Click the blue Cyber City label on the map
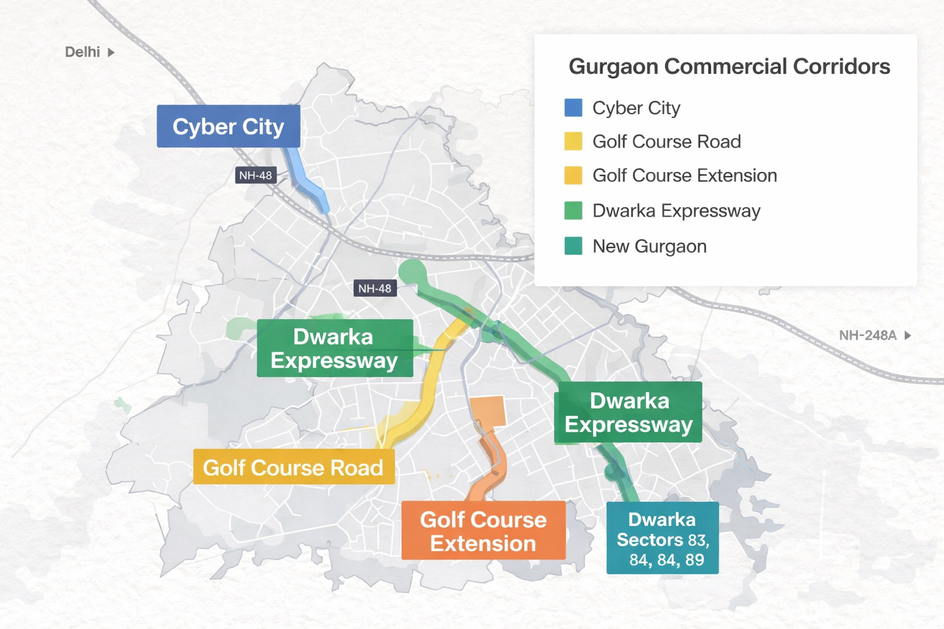(x=228, y=126)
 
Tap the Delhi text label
(x=82, y=52)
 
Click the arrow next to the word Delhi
(x=111, y=52)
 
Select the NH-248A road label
(x=867, y=335)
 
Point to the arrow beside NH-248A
(x=908, y=335)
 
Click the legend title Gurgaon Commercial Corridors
(x=729, y=66)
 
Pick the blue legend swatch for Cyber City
(x=573, y=107)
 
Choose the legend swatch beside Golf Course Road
(x=573, y=141)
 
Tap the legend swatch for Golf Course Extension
(x=573, y=175)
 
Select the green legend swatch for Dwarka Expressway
(x=573, y=211)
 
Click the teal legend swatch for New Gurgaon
(x=573, y=246)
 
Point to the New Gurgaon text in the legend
(x=649, y=246)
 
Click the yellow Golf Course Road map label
(x=293, y=467)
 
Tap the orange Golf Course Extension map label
(x=483, y=531)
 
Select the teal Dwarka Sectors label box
(x=662, y=538)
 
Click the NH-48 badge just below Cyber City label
(x=255, y=176)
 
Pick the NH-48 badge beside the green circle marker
(x=374, y=288)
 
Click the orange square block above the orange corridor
(x=488, y=411)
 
